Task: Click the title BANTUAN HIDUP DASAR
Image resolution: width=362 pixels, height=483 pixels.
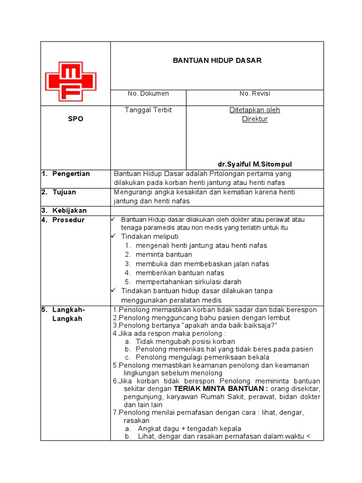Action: coord(217,60)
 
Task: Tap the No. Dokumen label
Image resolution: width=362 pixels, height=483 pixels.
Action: coord(148,93)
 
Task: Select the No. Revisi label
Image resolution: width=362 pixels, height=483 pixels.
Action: coord(255,93)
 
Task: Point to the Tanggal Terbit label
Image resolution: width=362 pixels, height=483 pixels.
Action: coord(148,110)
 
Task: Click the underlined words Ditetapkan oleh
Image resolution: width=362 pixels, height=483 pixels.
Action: coord(255,110)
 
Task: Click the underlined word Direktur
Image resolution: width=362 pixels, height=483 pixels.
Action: coord(255,119)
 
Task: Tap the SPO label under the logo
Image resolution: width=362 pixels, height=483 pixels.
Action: coord(75,119)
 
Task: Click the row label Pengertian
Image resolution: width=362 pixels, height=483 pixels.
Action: coord(71,174)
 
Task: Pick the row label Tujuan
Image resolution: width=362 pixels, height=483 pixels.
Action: coord(65,192)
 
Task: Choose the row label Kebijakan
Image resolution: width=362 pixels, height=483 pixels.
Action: coord(69,210)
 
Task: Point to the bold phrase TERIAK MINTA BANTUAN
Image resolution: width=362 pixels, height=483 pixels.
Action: coord(221,388)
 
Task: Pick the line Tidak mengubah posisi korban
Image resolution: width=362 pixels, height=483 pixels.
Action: coord(185,341)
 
